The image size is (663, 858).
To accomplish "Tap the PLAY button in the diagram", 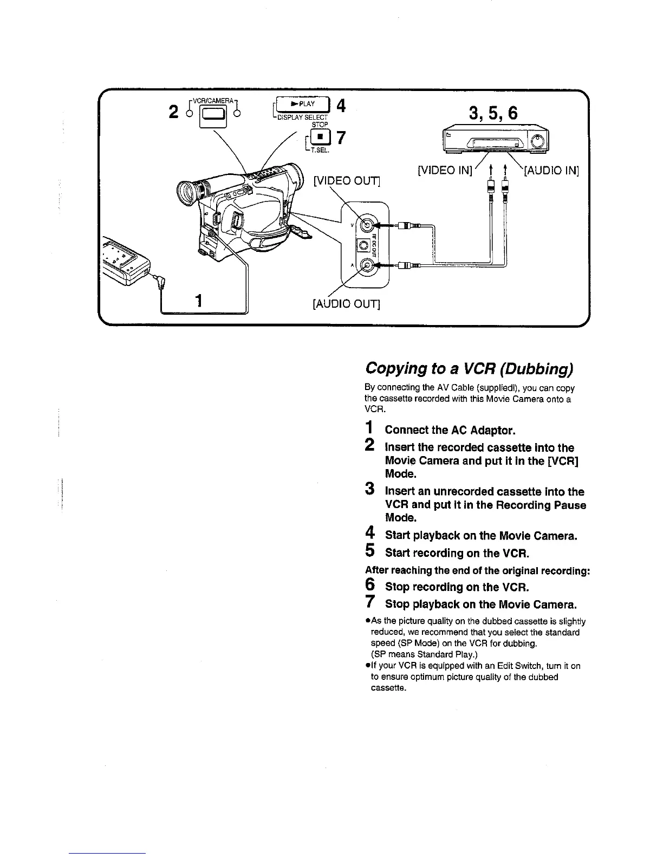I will tap(303, 105).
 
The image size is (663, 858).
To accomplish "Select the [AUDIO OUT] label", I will tap(347, 304).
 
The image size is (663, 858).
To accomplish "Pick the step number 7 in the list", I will tap(370, 602).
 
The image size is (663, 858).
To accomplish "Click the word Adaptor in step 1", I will tap(492, 431).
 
